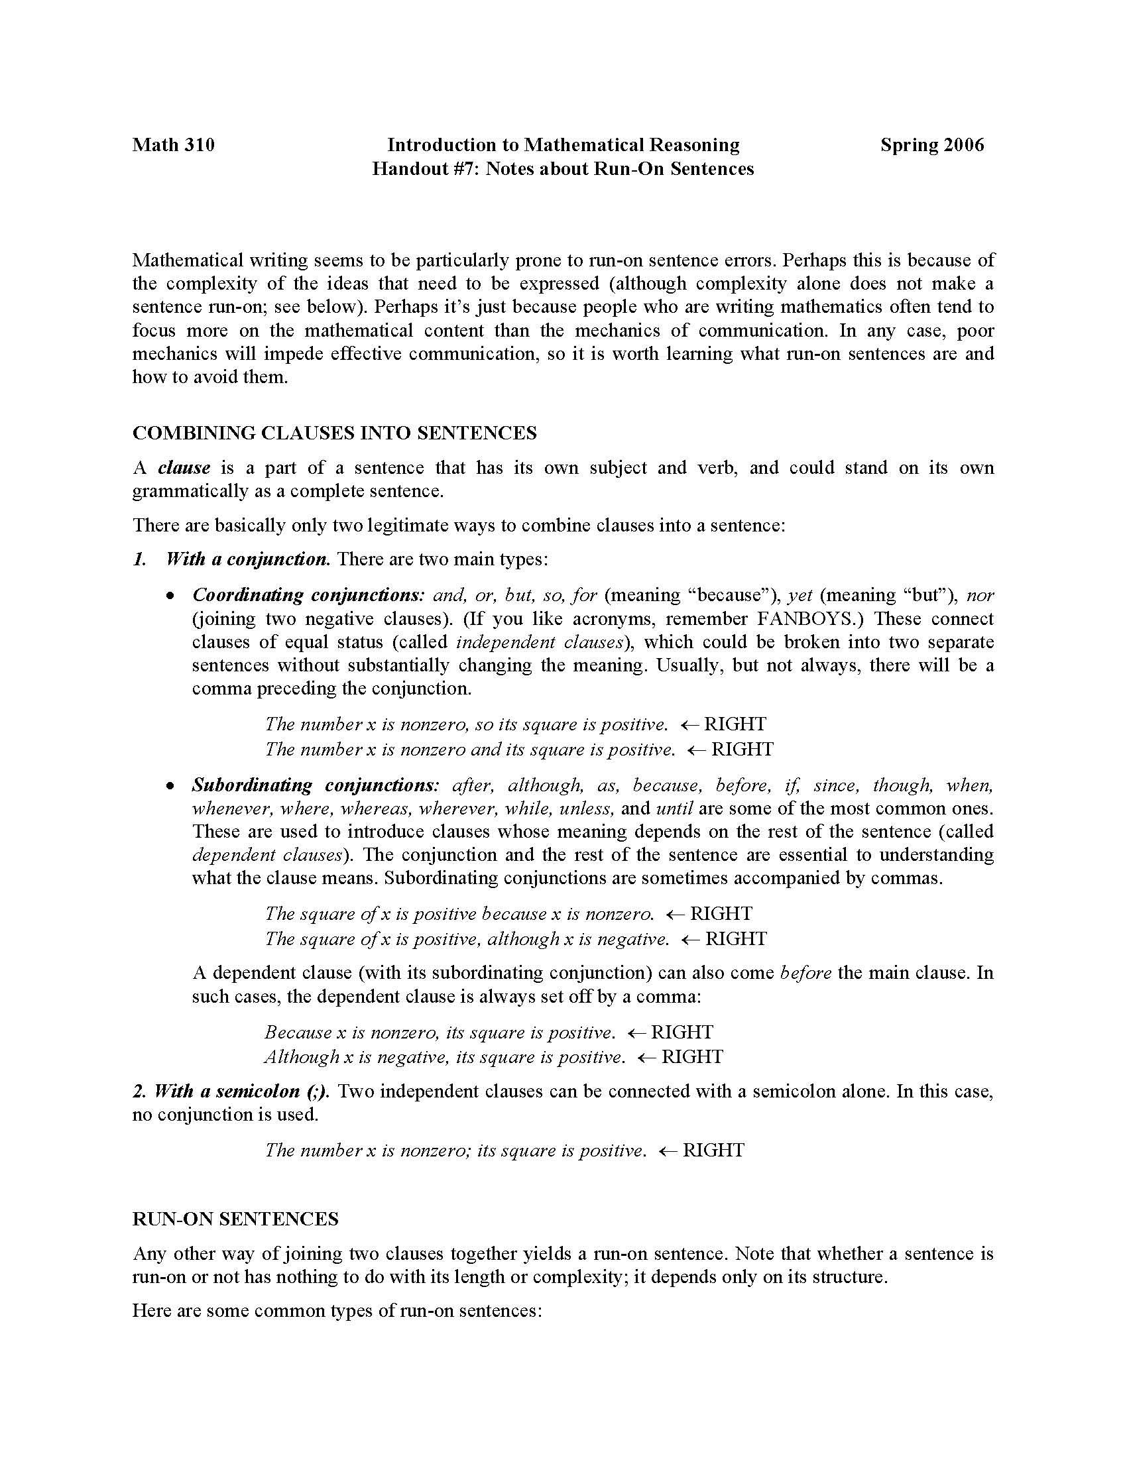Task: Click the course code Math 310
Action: tap(174, 145)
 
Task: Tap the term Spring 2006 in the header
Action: tap(932, 145)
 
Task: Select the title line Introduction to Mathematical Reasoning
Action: tap(563, 145)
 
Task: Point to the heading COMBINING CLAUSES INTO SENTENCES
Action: tap(335, 433)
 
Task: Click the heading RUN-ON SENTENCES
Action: tap(235, 1219)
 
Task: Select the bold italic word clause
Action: tap(184, 468)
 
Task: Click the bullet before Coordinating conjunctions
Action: tap(172, 596)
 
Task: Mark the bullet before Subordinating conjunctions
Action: tap(172, 786)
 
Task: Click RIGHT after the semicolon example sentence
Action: tap(714, 1150)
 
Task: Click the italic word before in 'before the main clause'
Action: tap(806, 973)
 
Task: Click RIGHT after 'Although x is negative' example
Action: tap(692, 1057)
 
